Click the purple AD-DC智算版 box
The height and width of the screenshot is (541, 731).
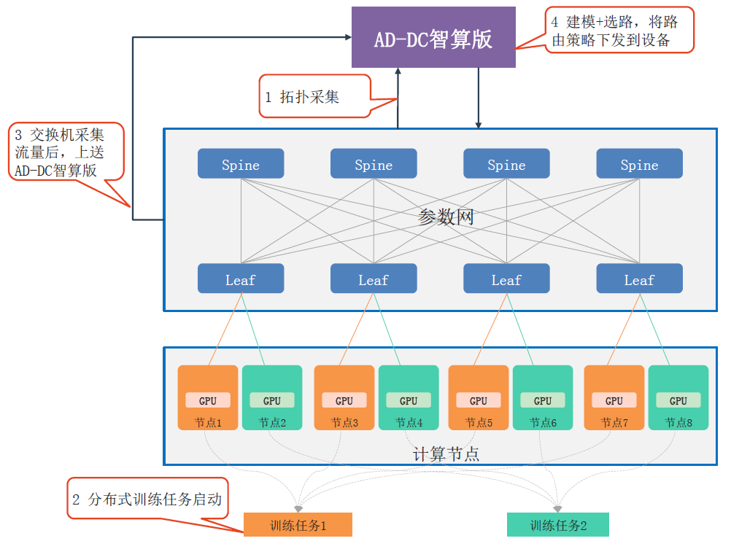click(x=433, y=37)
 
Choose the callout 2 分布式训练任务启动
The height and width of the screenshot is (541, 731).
click(x=147, y=499)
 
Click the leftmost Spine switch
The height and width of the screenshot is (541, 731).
click(x=241, y=163)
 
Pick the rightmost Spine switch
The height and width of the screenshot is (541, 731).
click(x=639, y=163)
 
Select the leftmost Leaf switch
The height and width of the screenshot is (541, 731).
click(x=241, y=279)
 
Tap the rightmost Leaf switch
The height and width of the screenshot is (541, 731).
click(x=639, y=279)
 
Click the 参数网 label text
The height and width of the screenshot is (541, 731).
click(x=446, y=217)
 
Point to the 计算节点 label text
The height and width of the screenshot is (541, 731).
click(x=446, y=454)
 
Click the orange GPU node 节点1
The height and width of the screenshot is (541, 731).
click(x=208, y=397)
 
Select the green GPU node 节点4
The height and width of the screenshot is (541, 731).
click(x=409, y=397)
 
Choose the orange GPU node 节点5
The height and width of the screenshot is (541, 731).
click(x=479, y=397)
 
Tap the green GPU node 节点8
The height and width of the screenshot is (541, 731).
click(x=678, y=397)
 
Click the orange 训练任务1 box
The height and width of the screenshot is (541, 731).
click(x=298, y=525)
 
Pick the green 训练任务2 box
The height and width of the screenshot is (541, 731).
click(x=558, y=525)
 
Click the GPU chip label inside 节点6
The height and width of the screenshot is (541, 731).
click(x=543, y=401)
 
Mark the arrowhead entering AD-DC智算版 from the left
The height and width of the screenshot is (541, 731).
click(x=348, y=36)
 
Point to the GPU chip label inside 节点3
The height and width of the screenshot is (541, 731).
click(x=344, y=401)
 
